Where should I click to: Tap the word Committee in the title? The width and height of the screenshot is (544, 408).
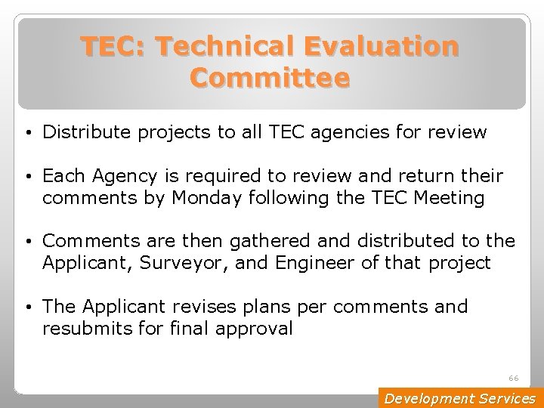coord(270,78)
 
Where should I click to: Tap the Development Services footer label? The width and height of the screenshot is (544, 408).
coord(459,398)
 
